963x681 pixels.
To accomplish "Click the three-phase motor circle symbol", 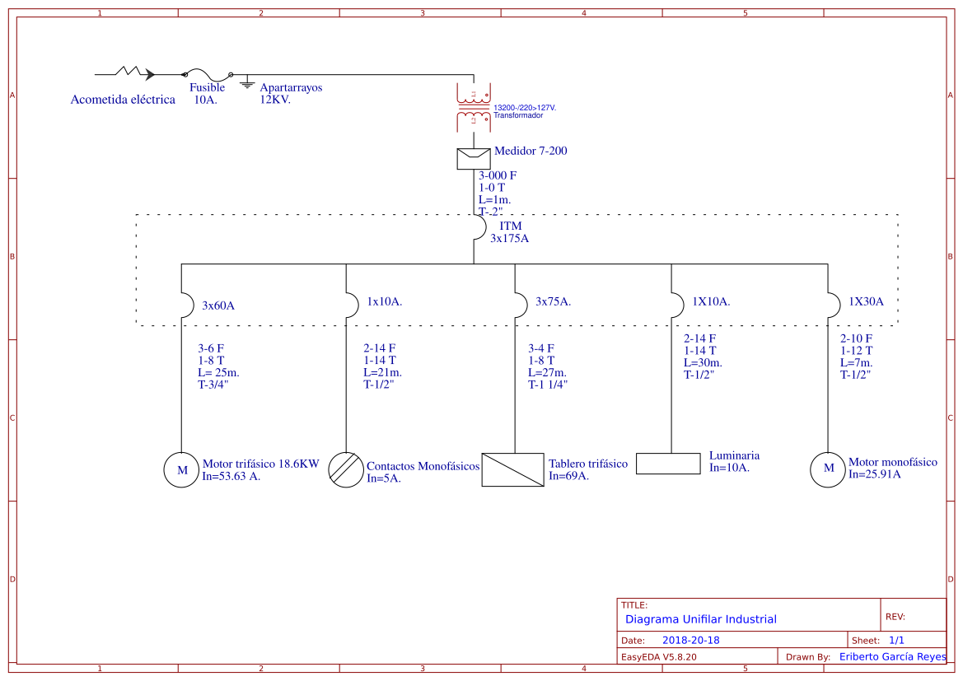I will [x=182, y=470].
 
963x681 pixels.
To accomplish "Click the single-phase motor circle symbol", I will [x=828, y=469].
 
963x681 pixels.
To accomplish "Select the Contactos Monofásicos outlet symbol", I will [x=346, y=470].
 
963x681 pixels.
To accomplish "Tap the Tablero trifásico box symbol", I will [x=512, y=470].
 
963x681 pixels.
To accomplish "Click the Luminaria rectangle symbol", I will [x=668, y=464].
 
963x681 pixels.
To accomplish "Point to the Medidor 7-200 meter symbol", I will [x=474, y=158].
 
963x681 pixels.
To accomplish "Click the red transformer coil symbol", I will [x=474, y=107].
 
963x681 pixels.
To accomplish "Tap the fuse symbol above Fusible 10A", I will [x=207, y=74].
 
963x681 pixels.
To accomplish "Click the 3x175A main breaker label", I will [x=510, y=239].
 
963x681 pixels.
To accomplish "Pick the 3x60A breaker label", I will [x=218, y=306].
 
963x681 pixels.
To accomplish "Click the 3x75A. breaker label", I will [x=553, y=302].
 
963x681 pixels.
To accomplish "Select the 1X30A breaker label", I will [x=866, y=302].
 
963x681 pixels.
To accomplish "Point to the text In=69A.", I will [x=568, y=476].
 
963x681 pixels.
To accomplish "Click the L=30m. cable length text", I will [x=703, y=363].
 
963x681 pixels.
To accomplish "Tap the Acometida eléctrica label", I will [x=123, y=100].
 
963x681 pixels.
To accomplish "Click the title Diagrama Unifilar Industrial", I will [x=700, y=619].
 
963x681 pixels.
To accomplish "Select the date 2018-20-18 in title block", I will [x=690, y=641].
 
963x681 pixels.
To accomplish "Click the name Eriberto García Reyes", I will [x=892, y=657].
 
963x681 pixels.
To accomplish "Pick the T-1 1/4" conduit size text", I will [x=548, y=385].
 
